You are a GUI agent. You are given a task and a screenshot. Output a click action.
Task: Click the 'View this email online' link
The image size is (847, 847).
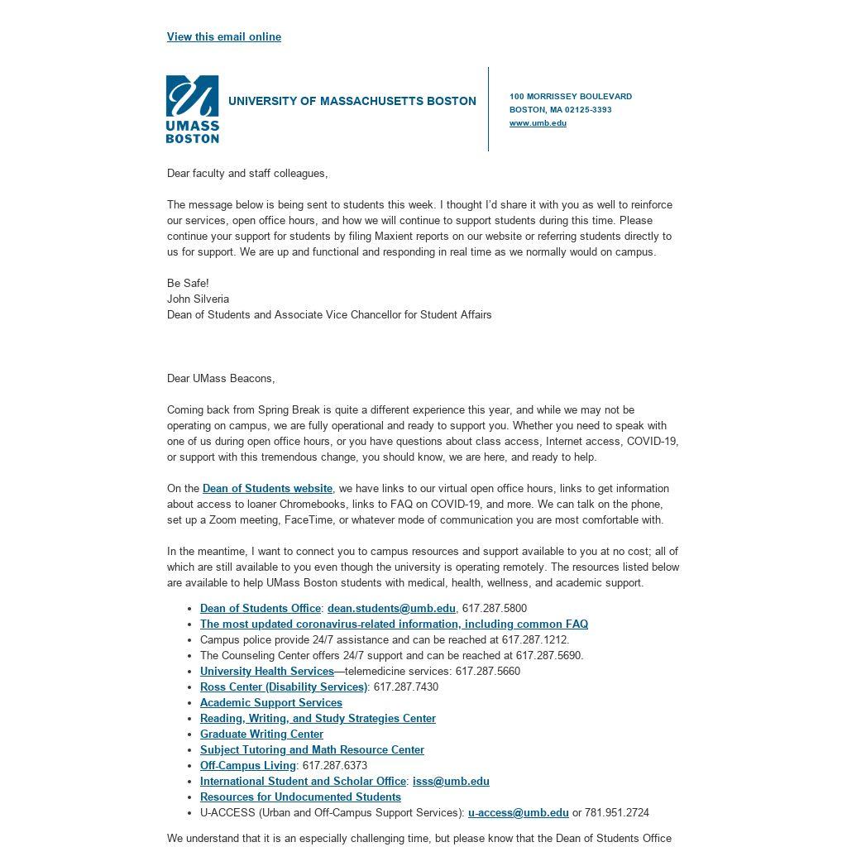tap(223, 36)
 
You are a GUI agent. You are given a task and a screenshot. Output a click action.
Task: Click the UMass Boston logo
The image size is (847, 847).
tap(192, 109)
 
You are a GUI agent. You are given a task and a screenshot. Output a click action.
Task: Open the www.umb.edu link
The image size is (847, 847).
tap(538, 123)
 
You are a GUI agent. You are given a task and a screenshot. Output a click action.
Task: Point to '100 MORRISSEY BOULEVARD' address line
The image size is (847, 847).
tap(570, 97)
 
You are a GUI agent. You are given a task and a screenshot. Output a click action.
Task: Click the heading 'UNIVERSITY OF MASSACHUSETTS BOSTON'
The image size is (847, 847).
tap(352, 102)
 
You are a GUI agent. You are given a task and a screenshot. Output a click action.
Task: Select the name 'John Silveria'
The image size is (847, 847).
tap(198, 299)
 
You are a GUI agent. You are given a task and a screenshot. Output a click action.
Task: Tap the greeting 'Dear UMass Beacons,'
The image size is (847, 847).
tap(221, 378)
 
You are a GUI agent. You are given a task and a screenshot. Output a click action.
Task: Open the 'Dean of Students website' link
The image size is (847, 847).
tap(267, 489)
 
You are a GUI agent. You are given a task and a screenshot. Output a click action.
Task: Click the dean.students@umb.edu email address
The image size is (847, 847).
tap(391, 608)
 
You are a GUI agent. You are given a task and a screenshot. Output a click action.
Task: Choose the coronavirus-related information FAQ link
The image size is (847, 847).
tap(394, 624)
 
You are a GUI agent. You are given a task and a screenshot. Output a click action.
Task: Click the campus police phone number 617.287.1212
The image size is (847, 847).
tap(534, 639)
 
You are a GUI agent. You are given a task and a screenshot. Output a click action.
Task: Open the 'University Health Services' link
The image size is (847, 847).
tap(266, 671)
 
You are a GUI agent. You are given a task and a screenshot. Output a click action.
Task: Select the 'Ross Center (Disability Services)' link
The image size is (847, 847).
tap(283, 687)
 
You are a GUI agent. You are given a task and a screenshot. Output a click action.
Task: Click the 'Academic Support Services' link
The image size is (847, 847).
tap(270, 702)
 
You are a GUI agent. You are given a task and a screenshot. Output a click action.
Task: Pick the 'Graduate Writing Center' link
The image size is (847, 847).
tap(261, 734)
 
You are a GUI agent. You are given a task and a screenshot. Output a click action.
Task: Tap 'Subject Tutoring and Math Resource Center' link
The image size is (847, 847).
tap(312, 749)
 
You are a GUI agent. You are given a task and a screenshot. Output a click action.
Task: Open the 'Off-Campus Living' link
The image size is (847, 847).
tap(247, 765)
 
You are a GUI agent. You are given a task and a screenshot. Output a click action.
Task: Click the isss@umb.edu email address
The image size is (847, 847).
tap(451, 781)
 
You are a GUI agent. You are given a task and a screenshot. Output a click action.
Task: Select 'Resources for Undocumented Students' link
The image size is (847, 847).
tap(300, 797)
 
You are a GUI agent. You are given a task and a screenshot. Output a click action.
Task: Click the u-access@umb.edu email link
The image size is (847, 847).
tap(518, 812)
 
